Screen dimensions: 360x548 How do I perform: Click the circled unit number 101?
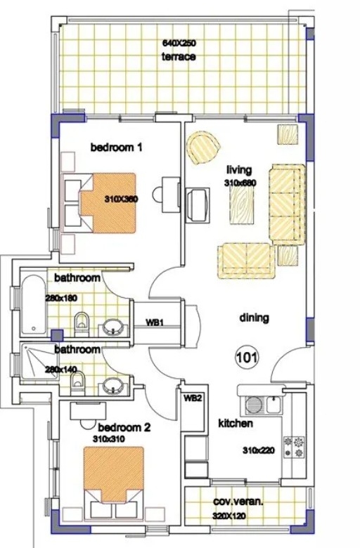pyautogui.click(x=247, y=358)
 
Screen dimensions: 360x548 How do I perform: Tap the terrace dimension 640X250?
pyautogui.click(x=179, y=44)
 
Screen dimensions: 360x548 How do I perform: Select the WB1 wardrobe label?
pyautogui.click(x=154, y=322)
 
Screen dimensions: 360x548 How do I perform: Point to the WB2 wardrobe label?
pyautogui.click(x=193, y=398)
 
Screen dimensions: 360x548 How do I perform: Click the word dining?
pyautogui.click(x=255, y=318)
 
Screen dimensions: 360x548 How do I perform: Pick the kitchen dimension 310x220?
pyautogui.click(x=259, y=451)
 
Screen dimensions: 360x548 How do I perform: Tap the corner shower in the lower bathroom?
pyautogui.click(x=39, y=361)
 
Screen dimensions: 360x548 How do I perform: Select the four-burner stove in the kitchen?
pyautogui.click(x=294, y=448)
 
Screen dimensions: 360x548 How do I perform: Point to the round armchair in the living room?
pyautogui.click(x=202, y=147)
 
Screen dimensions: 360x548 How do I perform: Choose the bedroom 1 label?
pyautogui.click(x=117, y=147)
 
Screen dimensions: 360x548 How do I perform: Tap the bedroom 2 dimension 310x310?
pyautogui.click(x=109, y=439)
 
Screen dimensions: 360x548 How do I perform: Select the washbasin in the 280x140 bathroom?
pyautogui.click(x=113, y=386)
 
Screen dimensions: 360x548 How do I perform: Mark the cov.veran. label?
pyautogui.click(x=238, y=502)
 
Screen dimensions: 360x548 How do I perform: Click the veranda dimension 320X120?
pyautogui.click(x=229, y=516)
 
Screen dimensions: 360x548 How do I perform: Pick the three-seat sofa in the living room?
pyautogui.click(x=288, y=204)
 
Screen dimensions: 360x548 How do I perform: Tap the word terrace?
pyautogui.click(x=179, y=57)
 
